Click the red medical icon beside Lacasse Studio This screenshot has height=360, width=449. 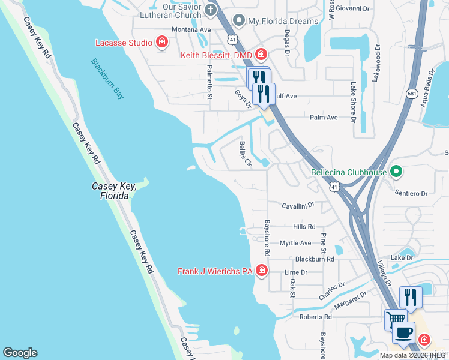(x=161, y=42)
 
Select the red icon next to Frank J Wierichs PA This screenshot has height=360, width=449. (x=261, y=271)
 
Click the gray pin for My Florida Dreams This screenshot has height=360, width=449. (x=238, y=21)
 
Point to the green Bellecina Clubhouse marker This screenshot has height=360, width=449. (x=396, y=173)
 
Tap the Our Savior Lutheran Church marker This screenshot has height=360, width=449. (x=210, y=9)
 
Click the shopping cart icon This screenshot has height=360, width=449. (x=396, y=319)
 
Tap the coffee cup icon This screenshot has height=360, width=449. (x=403, y=333)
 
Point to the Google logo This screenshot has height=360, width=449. (x=20, y=353)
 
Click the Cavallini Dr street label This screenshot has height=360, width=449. (x=295, y=205)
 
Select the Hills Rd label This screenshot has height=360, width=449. (x=304, y=227)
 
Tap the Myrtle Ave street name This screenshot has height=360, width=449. (x=295, y=243)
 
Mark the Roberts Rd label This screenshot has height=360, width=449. (x=316, y=317)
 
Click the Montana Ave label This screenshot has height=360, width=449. (x=191, y=29)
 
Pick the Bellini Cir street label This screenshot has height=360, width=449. (x=245, y=154)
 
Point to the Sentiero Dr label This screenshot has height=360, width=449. (x=411, y=194)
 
